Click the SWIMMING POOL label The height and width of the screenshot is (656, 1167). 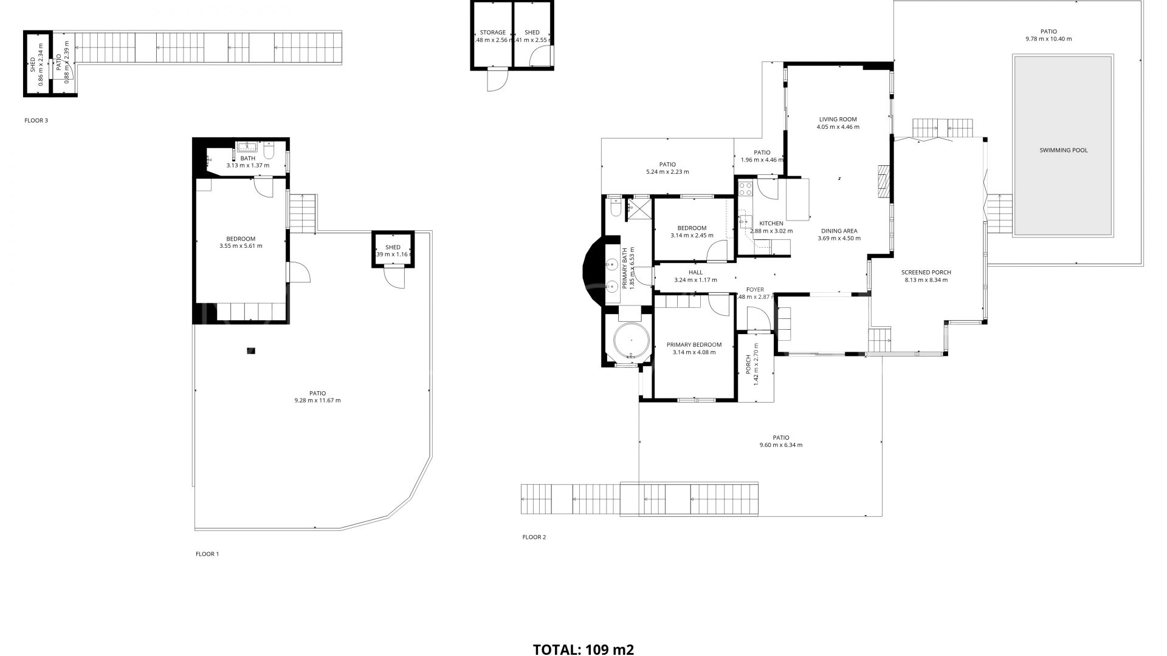click(x=1063, y=150)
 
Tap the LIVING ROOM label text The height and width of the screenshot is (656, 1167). click(x=838, y=120)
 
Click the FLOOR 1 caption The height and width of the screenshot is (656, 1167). click(x=207, y=554)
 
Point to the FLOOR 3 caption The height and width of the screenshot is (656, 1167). click(x=36, y=120)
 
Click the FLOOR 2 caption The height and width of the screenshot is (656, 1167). click(x=534, y=537)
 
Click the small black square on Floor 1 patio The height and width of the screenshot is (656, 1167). click(x=251, y=350)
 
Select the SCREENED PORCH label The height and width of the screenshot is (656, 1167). click(x=926, y=273)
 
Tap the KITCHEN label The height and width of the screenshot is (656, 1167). click(x=771, y=224)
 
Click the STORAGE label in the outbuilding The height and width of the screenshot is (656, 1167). click(x=492, y=33)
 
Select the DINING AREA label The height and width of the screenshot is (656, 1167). click(x=839, y=231)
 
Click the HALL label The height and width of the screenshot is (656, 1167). click(x=695, y=273)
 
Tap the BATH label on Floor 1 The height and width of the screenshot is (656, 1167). click(x=247, y=159)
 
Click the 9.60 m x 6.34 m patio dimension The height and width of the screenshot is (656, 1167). click(x=780, y=445)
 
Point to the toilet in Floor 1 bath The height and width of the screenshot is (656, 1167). click(x=269, y=150)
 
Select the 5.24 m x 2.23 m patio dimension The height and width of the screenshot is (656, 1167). click(x=667, y=172)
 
